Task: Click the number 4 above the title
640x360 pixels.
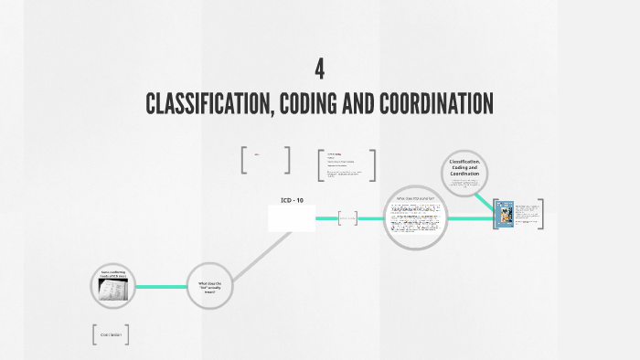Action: click(x=320, y=69)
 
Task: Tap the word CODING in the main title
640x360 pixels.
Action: click(x=316, y=103)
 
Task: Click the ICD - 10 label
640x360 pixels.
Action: click(x=292, y=200)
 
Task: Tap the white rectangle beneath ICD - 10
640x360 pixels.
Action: click(x=292, y=218)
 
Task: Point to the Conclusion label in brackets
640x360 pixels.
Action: click(x=110, y=334)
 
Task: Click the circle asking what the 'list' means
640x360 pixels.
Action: click(x=209, y=286)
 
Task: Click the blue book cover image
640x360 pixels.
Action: click(x=504, y=215)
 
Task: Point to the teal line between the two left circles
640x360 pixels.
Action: click(x=161, y=287)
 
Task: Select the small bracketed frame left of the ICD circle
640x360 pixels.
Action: click(x=347, y=217)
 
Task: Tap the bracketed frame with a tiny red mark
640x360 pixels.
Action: click(x=265, y=160)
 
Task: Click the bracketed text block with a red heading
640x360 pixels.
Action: click(x=347, y=165)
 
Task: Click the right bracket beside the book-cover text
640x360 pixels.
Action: click(x=541, y=214)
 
